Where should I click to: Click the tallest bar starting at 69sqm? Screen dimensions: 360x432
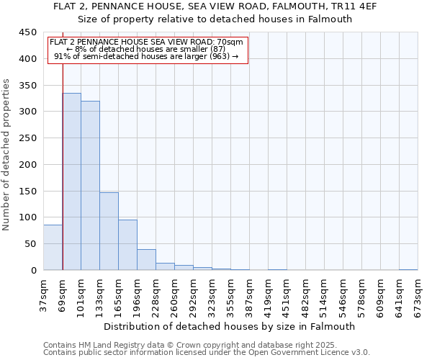tap(71, 181)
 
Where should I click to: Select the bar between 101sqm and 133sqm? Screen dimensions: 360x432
tap(90, 186)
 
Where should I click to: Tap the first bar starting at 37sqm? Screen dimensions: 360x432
tap(53, 248)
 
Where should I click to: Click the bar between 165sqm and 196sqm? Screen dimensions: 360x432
tap(127, 245)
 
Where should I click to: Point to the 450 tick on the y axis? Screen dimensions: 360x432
tap(27, 32)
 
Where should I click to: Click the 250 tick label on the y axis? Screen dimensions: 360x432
tap(27, 138)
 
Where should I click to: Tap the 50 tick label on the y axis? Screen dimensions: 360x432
tap(30, 244)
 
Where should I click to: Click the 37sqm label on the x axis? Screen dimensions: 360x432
tap(43, 292)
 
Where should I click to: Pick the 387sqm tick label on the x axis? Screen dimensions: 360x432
tap(249, 292)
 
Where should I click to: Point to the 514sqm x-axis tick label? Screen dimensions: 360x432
tap(324, 292)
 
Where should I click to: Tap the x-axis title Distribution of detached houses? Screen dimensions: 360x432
tap(230, 326)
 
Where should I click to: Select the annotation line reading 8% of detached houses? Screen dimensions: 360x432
tap(146, 49)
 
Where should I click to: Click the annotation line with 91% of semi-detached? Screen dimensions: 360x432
tap(146, 56)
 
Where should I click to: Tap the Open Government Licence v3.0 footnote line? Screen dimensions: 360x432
tap(207, 353)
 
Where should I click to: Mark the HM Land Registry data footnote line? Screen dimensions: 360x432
tap(189, 345)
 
